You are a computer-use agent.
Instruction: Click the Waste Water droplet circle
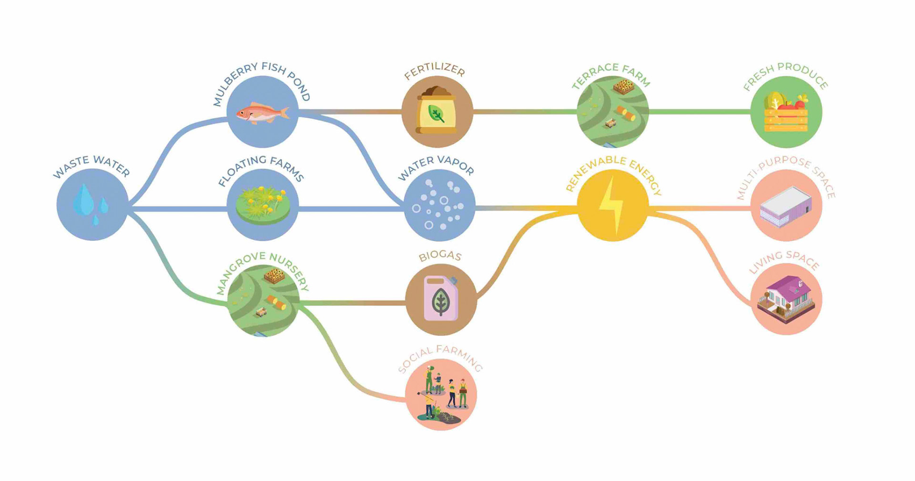click(92, 205)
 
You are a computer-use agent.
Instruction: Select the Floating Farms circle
click(263, 205)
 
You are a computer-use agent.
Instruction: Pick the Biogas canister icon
click(441, 299)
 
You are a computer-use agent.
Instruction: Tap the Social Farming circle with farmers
click(441, 395)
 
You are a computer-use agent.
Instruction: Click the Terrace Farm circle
click(612, 112)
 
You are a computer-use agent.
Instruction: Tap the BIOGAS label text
click(440, 256)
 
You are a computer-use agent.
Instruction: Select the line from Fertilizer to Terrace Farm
click(524, 112)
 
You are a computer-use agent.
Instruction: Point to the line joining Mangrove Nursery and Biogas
click(353, 302)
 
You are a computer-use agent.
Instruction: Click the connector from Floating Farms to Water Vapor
click(351, 209)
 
